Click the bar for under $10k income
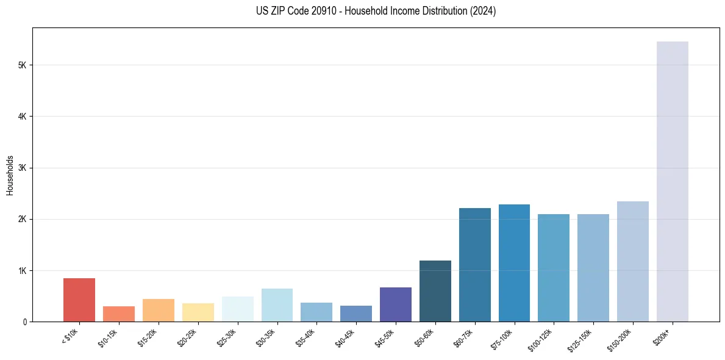click(x=79, y=300)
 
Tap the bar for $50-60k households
click(x=435, y=291)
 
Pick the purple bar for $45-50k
click(x=396, y=304)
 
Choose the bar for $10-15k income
click(x=119, y=314)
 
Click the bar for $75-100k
click(x=514, y=263)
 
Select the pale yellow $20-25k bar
click(x=198, y=312)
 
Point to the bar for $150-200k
click(x=633, y=261)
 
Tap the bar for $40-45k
click(x=356, y=314)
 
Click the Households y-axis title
click(x=10, y=175)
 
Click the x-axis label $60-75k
click(x=466, y=336)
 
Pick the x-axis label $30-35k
click(x=268, y=336)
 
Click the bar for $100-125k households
click(x=554, y=268)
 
